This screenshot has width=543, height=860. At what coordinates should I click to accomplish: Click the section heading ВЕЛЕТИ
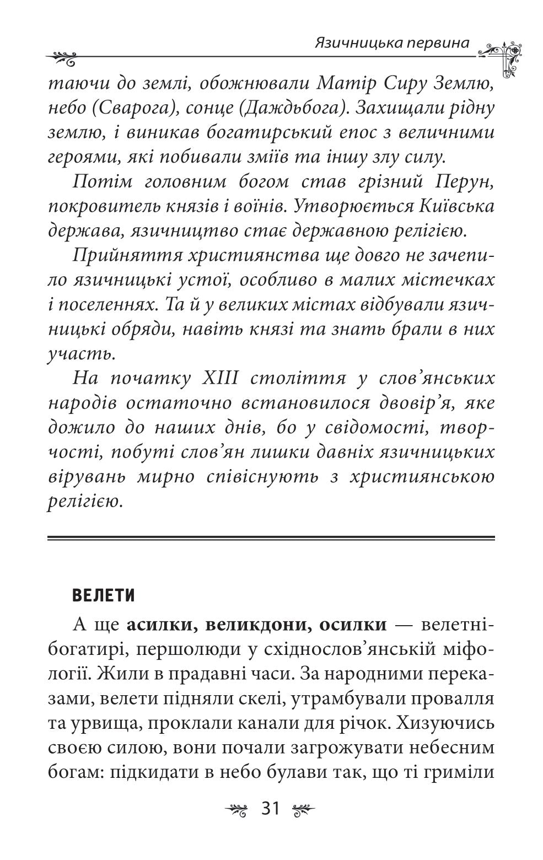(104, 596)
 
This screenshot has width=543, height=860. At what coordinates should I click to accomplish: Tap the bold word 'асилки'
(155, 626)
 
